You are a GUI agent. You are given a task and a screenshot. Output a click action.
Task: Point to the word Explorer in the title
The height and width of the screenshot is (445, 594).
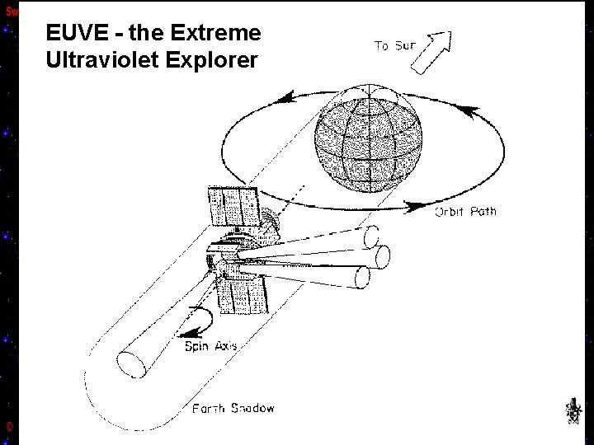pos(215,61)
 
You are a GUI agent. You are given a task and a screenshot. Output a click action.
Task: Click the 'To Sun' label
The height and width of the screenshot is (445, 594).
pos(395,46)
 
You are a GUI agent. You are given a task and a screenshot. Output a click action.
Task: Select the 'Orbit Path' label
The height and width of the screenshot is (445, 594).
pos(465,212)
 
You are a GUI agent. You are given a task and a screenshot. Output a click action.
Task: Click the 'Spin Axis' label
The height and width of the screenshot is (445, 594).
pos(210,346)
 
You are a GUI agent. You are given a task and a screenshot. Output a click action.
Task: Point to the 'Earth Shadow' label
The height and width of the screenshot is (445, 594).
pos(233,408)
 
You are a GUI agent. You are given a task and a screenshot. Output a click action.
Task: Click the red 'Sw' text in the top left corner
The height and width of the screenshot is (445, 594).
pos(11,12)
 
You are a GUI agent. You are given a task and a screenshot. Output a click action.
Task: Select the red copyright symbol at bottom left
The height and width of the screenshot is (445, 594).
pos(8,426)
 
